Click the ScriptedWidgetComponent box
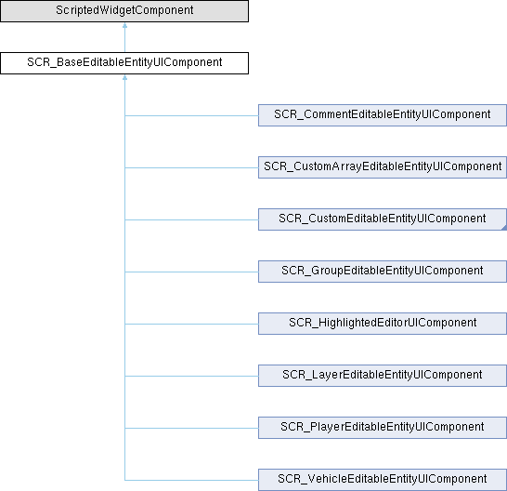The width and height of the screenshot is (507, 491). (x=124, y=11)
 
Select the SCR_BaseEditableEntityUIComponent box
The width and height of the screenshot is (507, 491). (x=124, y=63)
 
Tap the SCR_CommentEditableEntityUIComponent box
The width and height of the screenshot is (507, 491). (x=383, y=115)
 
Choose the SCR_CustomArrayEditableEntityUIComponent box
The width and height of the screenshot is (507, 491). (x=383, y=167)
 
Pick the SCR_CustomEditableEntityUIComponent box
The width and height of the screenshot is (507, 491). (x=383, y=219)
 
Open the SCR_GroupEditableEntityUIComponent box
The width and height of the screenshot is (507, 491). (x=383, y=272)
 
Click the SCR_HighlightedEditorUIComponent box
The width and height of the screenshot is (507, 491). (x=383, y=324)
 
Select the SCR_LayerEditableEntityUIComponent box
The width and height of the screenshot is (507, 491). (x=383, y=376)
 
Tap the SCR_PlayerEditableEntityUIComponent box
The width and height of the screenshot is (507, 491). (x=383, y=428)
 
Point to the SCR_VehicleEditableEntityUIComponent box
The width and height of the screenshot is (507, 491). (x=383, y=480)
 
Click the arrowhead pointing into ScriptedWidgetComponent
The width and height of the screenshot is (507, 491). (x=124, y=25)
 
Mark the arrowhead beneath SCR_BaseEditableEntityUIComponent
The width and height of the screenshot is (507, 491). (x=124, y=77)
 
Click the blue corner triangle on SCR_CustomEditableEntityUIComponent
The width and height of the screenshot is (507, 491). (x=504, y=228)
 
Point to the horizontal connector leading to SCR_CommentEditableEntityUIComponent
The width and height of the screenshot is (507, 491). (x=191, y=115)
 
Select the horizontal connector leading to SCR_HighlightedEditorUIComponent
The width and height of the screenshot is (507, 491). (x=191, y=324)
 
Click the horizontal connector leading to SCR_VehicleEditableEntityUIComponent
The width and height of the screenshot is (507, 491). (x=191, y=481)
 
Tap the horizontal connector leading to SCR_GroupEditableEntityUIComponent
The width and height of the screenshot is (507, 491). (x=191, y=272)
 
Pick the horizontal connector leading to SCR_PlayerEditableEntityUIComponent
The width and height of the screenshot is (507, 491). (x=191, y=428)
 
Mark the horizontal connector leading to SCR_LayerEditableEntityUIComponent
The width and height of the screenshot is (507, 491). (x=191, y=376)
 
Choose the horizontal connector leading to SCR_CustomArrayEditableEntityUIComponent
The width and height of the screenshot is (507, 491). (x=191, y=167)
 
